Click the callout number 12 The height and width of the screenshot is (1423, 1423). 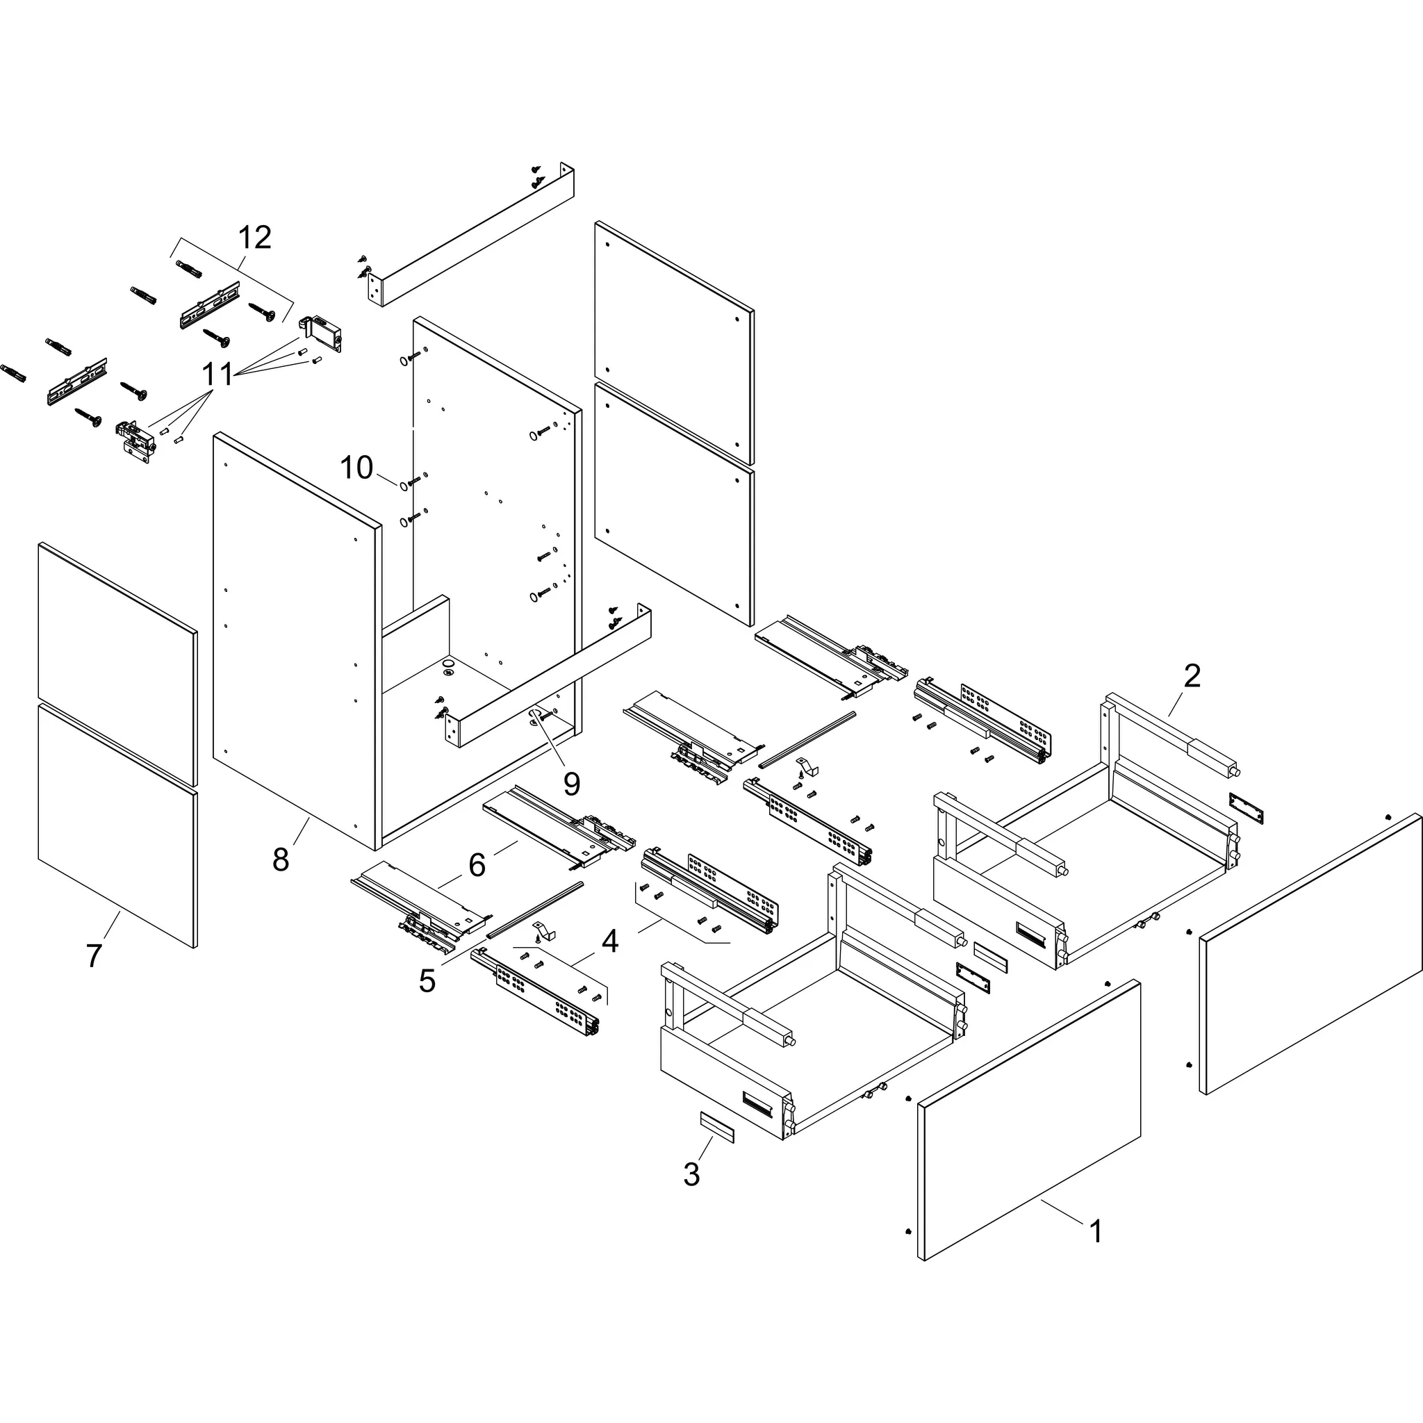point(255,237)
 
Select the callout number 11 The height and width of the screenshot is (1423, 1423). point(218,375)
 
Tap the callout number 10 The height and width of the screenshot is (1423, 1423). point(356,468)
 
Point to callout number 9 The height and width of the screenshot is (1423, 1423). point(572,784)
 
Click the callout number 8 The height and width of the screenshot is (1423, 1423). point(281,859)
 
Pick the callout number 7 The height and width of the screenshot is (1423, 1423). point(94,956)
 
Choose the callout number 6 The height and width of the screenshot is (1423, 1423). point(477,866)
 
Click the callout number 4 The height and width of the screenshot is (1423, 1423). point(610,941)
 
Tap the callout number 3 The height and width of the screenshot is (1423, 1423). point(691,1174)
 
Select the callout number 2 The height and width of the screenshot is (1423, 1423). point(1192,675)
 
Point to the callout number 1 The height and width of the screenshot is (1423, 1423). point(1095,1231)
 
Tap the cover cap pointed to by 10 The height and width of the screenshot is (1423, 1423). point(404,487)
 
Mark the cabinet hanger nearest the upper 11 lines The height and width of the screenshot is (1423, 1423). point(323,333)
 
